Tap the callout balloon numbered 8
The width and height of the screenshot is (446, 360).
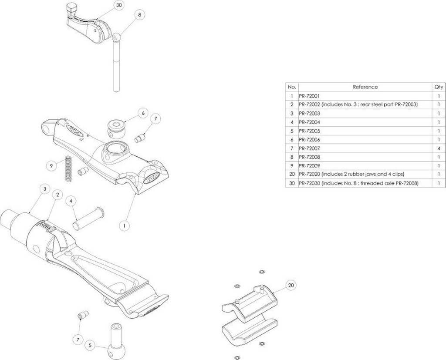tap(139, 15)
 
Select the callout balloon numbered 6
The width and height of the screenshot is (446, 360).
tap(142, 112)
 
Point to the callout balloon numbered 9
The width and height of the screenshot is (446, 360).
tap(51, 165)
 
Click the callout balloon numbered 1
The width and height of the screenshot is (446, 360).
tap(125, 225)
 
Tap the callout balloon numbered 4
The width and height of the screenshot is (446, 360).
tap(71, 201)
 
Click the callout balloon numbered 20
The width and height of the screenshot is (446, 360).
tap(291, 286)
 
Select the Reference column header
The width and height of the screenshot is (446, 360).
tap(365, 87)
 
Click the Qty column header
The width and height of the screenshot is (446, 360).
tap(439, 87)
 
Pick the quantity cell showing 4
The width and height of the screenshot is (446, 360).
tap(439, 148)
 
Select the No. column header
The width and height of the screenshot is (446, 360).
tap(291, 87)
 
